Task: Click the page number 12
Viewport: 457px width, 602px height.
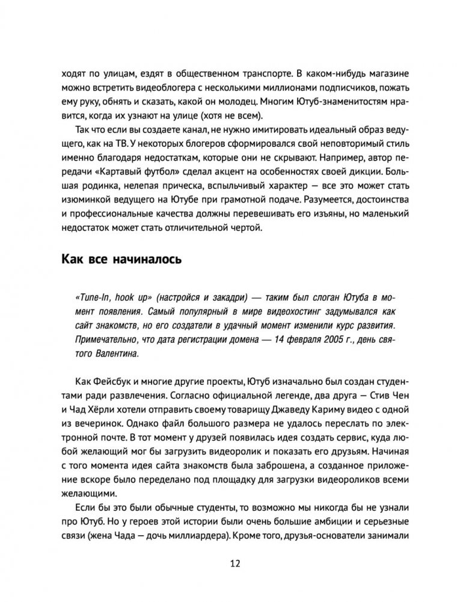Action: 228,563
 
